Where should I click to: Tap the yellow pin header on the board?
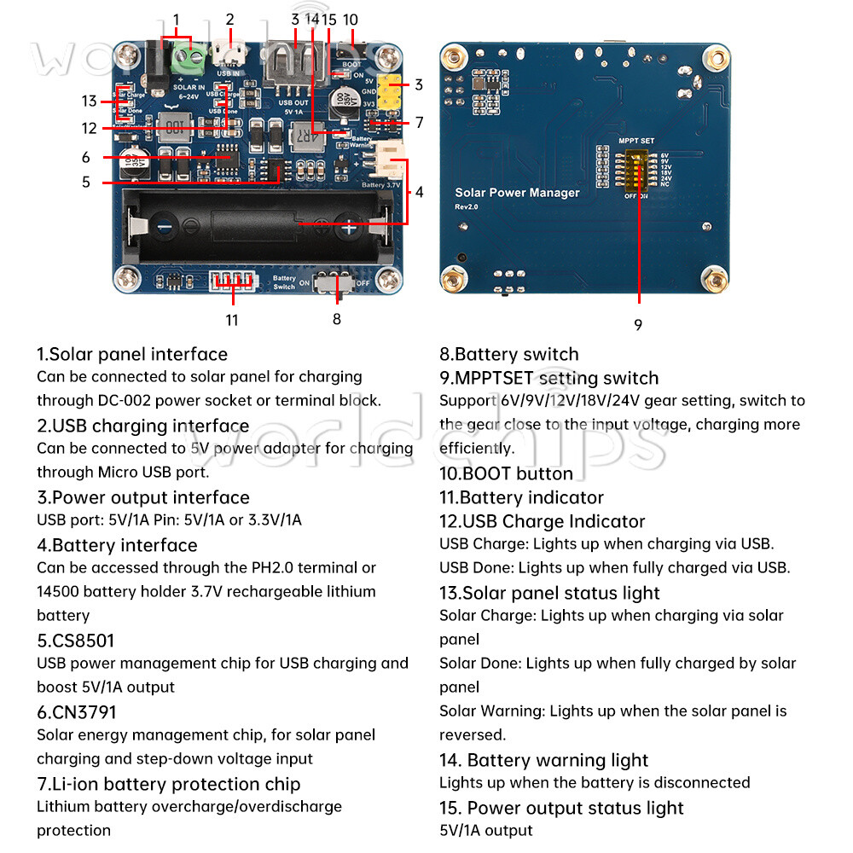pos(391,94)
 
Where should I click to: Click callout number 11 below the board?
pos(232,320)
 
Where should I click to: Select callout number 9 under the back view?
pos(638,325)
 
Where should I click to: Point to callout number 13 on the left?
pos(90,102)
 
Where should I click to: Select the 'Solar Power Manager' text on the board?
pos(517,194)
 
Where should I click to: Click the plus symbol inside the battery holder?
pos(349,228)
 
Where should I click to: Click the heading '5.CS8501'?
pos(75,641)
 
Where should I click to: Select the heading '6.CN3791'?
pos(76,712)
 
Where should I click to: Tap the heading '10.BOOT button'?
pos(506,473)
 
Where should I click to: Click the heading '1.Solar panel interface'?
pos(131,354)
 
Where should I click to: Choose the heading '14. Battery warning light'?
pos(543,760)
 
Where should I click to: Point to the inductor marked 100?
pos(175,129)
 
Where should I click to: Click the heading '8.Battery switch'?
pos(508,354)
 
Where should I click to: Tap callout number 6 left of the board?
pos(86,157)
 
